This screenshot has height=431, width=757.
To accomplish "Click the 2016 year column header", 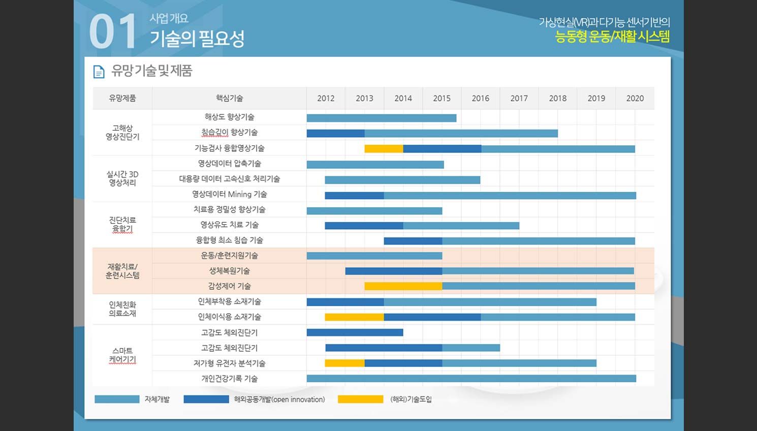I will tap(480, 98).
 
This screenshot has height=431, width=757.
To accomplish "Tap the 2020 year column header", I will tap(635, 98).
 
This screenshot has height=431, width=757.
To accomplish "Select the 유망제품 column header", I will tap(122, 98).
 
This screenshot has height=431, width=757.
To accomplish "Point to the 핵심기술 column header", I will tap(229, 98).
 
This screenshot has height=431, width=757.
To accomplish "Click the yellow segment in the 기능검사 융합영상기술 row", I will tap(384, 149).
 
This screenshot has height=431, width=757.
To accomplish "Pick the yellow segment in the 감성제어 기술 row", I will tap(403, 286).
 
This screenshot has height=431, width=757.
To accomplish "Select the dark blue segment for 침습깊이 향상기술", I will tap(335, 134).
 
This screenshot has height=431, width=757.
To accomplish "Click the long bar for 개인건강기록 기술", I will tap(471, 378).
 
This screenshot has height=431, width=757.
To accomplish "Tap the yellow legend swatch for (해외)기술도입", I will tap(360, 399).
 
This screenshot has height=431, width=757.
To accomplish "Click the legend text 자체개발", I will tap(157, 399).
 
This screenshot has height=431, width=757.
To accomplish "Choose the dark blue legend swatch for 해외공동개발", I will tap(206, 399).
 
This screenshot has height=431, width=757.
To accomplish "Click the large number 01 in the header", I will tap(113, 32).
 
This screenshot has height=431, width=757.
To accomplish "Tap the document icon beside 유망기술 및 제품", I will tap(99, 72).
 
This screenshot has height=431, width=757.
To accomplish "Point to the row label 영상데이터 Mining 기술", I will tap(229, 194).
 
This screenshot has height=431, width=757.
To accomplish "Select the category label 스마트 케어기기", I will tap(122, 355).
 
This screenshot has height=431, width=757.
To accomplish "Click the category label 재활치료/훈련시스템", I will tap(122, 271).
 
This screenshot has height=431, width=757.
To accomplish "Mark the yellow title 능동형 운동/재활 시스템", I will tap(612, 37).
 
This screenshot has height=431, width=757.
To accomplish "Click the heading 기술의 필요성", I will tap(197, 38).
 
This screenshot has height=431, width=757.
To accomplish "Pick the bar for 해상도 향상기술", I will tap(381, 118).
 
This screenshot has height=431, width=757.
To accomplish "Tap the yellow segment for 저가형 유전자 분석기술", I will tap(344, 363).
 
